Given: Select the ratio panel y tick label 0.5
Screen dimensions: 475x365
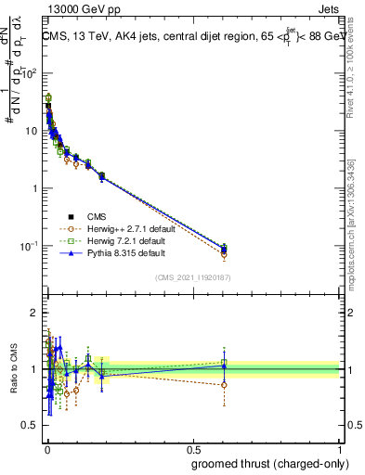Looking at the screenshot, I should (30, 428).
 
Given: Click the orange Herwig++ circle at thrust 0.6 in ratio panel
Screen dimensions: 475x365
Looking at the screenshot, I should (224, 384).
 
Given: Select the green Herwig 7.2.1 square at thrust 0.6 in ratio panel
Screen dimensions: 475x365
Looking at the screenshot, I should (224, 363).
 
